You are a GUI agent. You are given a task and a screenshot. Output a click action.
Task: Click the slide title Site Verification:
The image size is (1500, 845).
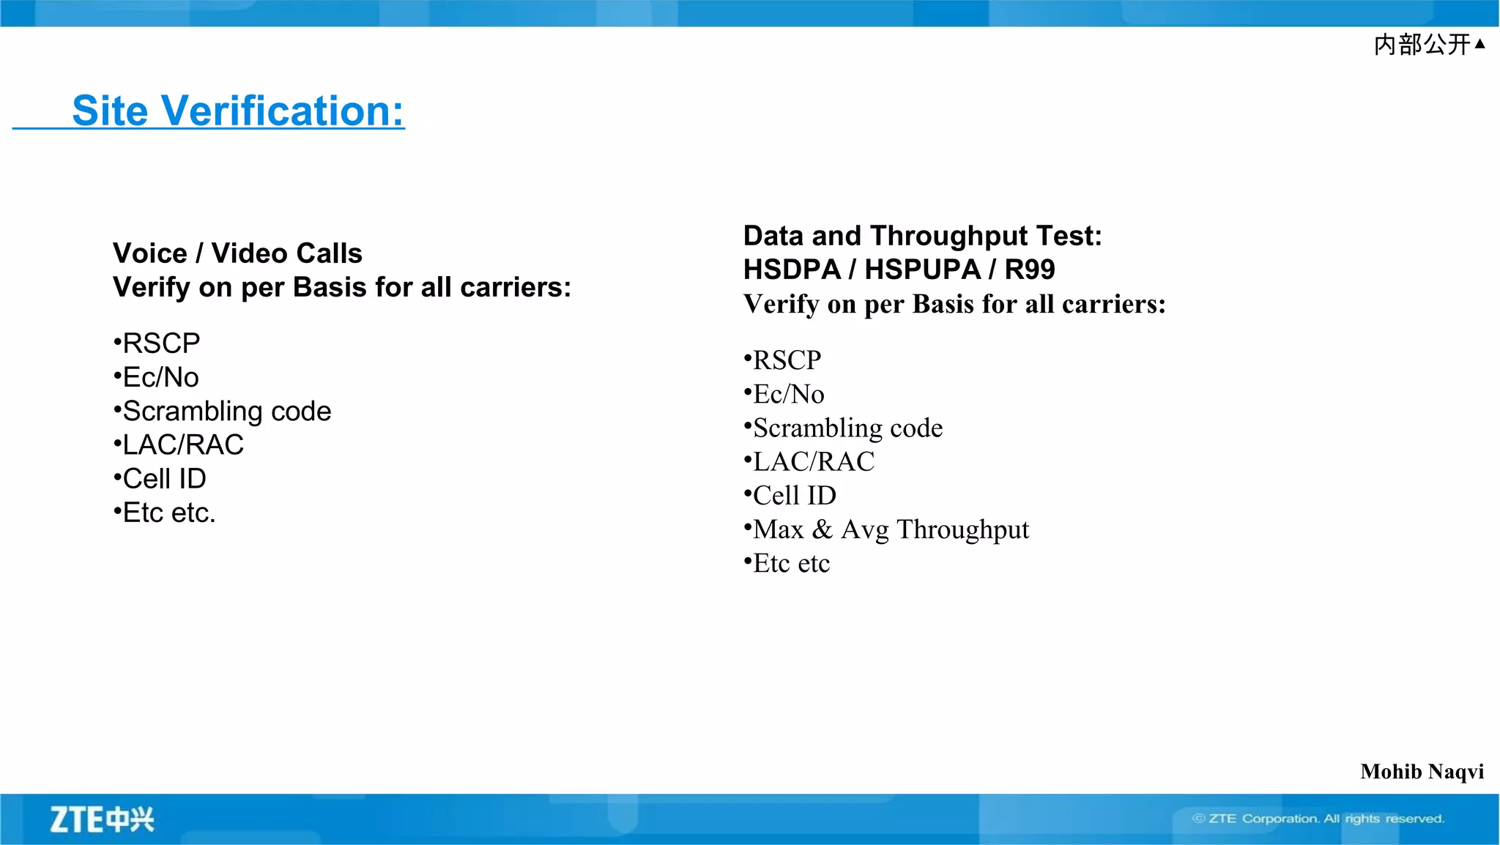tap(237, 111)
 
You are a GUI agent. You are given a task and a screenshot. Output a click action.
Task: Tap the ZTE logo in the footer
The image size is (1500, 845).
tap(102, 819)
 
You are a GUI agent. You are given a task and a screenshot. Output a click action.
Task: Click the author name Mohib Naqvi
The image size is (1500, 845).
tap(1422, 772)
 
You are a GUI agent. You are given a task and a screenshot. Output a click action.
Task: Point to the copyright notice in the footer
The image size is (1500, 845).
tap(1318, 819)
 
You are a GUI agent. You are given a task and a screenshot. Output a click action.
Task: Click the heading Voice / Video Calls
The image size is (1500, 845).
tap(237, 253)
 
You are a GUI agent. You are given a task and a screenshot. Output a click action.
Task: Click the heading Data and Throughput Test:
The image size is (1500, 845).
tap(922, 236)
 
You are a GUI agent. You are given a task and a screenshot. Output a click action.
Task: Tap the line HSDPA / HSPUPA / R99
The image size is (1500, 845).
tap(899, 269)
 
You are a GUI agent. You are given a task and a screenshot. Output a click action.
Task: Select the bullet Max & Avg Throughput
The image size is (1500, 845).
tap(891, 529)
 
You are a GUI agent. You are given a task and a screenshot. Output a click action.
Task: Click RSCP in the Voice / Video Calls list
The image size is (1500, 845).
tap(161, 343)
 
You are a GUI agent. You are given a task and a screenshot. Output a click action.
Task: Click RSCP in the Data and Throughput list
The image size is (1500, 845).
tap(787, 360)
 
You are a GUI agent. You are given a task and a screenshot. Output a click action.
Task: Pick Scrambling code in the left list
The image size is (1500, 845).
tap(226, 412)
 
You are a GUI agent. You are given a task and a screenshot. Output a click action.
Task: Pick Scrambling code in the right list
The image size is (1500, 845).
tap(847, 428)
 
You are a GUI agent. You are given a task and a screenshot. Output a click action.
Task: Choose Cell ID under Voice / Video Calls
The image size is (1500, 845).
tap(164, 479)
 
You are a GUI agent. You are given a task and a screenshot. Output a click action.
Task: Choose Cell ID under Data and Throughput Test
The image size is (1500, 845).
tap(794, 496)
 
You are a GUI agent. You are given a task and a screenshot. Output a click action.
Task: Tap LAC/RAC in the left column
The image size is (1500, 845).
tap(182, 445)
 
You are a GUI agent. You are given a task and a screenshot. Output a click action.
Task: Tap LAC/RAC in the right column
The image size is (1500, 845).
tap(813, 462)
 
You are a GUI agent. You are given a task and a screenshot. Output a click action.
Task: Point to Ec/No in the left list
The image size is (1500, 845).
tap(160, 378)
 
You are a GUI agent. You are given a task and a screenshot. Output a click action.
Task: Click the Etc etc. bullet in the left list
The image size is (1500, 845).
tap(168, 513)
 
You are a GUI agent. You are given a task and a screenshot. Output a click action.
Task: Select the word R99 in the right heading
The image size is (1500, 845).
tap(1029, 269)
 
